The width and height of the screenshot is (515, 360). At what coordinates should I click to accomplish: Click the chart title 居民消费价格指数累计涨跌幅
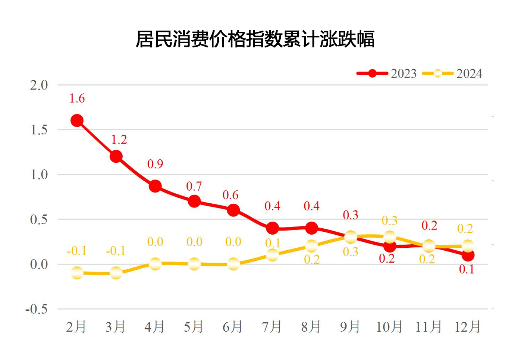(x=255, y=39)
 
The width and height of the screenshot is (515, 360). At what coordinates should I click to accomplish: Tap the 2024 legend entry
(x=452, y=73)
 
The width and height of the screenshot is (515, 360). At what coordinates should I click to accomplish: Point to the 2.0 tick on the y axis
(x=39, y=85)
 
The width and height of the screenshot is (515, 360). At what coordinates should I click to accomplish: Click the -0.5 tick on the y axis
(x=37, y=309)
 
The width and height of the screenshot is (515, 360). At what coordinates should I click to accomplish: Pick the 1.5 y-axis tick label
(x=39, y=130)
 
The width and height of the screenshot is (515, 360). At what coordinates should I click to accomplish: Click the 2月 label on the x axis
(x=76, y=327)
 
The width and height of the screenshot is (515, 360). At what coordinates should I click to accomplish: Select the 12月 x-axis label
(x=467, y=327)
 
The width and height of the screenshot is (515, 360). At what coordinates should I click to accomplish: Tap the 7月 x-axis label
(x=272, y=327)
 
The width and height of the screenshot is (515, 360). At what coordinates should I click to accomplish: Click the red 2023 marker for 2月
(x=77, y=120)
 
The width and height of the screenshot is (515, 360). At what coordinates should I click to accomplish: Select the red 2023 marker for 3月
(x=116, y=156)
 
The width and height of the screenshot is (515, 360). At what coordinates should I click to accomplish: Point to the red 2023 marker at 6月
(x=233, y=210)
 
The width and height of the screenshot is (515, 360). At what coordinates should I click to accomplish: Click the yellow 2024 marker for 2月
(x=77, y=273)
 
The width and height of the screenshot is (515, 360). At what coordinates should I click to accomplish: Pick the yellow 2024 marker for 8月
(x=311, y=246)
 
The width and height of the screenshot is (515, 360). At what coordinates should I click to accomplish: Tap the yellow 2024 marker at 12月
(x=468, y=246)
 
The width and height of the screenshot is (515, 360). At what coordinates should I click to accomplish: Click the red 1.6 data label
(x=77, y=98)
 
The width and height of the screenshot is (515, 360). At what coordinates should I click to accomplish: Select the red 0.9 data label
(x=155, y=164)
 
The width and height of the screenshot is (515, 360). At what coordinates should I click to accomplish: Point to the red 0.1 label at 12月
(x=467, y=269)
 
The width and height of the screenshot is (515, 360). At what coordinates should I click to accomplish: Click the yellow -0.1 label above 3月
(x=116, y=251)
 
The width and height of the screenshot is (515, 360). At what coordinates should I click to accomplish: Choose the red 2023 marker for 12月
(x=468, y=256)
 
